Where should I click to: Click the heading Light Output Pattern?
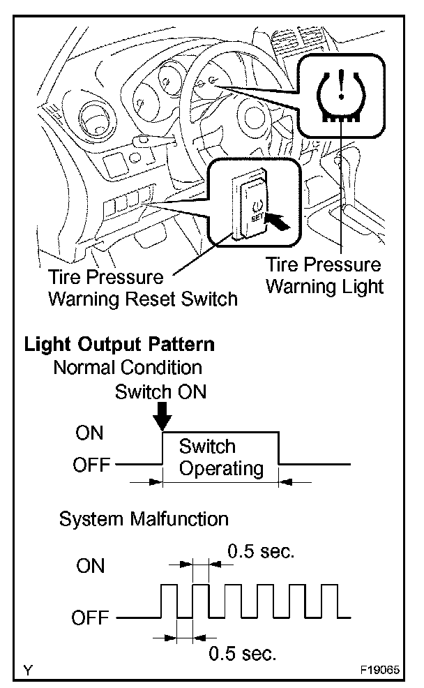119,344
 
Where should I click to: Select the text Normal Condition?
128,367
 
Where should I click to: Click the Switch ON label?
161,391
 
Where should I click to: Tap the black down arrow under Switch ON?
162,417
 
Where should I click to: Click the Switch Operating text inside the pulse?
221,457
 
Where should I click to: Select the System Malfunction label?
144,518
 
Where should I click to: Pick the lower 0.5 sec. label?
243,653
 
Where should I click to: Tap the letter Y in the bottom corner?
27,671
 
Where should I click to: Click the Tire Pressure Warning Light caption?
325,276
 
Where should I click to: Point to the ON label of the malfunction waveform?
91,565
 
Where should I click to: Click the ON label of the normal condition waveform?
89,433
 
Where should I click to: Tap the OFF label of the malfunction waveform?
91,618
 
